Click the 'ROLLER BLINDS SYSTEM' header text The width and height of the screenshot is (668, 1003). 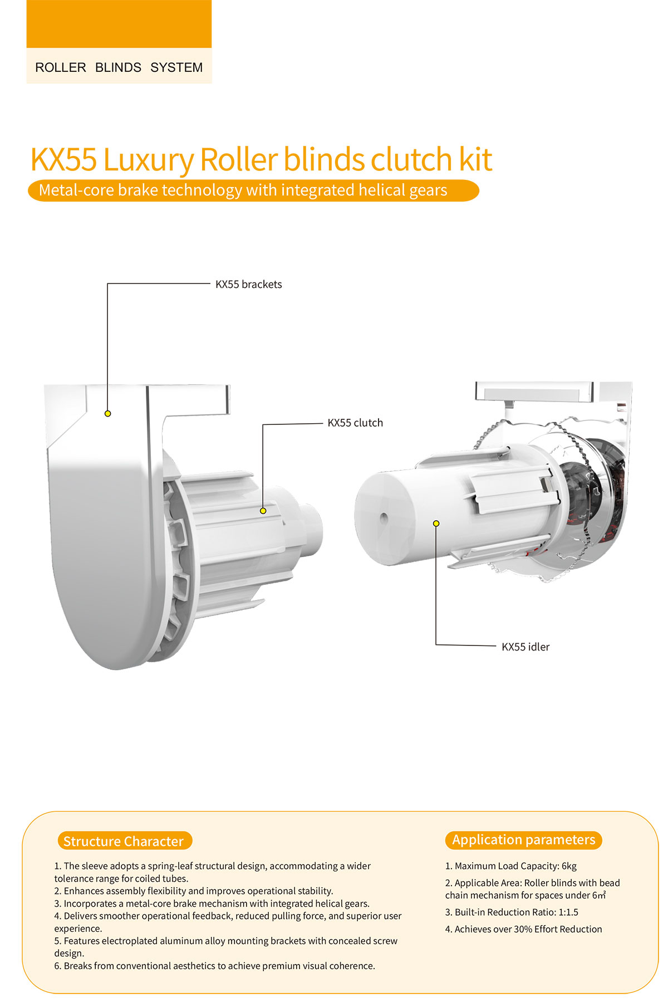pyautogui.click(x=119, y=67)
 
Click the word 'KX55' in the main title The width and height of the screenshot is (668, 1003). pyautogui.click(x=63, y=159)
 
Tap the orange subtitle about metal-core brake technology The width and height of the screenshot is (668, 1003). pyautogui.click(x=253, y=190)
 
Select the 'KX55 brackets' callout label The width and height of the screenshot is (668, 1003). pyautogui.click(x=248, y=284)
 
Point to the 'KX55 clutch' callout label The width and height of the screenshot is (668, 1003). pyautogui.click(x=355, y=423)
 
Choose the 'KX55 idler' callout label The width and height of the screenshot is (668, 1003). pyautogui.click(x=525, y=647)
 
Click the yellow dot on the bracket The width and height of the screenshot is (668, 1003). pyautogui.click(x=108, y=413)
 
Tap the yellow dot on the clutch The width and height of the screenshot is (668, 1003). pyautogui.click(x=263, y=511)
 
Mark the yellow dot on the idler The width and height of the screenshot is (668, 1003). pyautogui.click(x=436, y=523)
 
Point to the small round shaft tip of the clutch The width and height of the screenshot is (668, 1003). pyautogui.click(x=312, y=527)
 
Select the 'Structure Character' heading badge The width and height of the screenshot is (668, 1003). pyautogui.click(x=124, y=841)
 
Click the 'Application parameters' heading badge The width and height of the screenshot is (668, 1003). pyautogui.click(x=523, y=840)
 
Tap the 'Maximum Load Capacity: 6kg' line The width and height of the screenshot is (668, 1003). pyautogui.click(x=511, y=866)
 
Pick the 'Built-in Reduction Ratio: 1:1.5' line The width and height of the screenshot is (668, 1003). pyautogui.click(x=512, y=912)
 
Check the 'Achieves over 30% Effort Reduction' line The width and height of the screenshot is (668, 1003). pyautogui.click(x=523, y=929)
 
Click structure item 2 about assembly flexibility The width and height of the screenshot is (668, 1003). pyautogui.click(x=194, y=891)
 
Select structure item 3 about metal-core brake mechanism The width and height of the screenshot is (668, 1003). pyautogui.click(x=212, y=903)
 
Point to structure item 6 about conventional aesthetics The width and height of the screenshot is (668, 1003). pyautogui.click(x=215, y=966)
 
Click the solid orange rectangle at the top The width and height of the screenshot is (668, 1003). pyautogui.click(x=119, y=24)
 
